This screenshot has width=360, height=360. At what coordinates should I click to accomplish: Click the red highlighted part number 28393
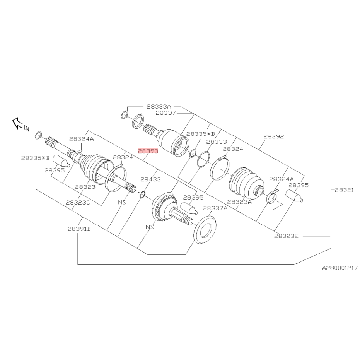pos(148,151)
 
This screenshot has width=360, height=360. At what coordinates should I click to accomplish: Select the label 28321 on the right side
pos(344,190)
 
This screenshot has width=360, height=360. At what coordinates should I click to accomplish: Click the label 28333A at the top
pos(159,106)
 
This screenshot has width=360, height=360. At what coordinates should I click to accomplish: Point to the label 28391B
pos(79,229)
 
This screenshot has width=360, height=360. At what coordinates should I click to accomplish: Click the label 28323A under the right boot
pos(239,201)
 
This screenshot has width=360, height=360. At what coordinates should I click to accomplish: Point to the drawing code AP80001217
pos(340,267)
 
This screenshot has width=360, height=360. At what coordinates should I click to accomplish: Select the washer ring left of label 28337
pos(138,121)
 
